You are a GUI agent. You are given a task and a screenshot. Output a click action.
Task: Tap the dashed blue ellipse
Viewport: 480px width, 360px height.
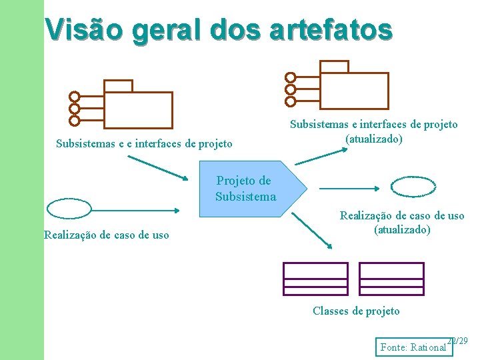pyautogui.click(x=413, y=187)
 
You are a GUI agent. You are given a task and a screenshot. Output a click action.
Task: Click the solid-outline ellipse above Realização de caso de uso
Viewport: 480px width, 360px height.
pyautogui.click(x=69, y=209)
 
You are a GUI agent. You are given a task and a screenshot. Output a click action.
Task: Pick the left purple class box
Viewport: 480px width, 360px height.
pyautogui.click(x=315, y=278)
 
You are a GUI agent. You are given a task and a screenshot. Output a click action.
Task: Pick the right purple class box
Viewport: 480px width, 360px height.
pyautogui.click(x=391, y=278)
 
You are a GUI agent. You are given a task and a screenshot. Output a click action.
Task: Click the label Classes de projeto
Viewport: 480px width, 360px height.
pyautogui.click(x=356, y=311)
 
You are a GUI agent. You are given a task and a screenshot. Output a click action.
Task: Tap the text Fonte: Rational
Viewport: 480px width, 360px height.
pyautogui.click(x=413, y=347)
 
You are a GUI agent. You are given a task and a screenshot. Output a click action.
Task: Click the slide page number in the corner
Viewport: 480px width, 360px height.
pyautogui.click(x=458, y=341)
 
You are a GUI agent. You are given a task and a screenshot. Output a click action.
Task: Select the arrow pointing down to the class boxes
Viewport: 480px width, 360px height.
pyautogui.click(x=312, y=231)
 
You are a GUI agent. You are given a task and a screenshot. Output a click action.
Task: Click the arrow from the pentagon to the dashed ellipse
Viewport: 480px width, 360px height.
pyautogui.click(x=347, y=188)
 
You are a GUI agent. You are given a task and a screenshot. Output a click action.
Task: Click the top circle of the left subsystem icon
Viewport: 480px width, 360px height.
pyautogui.click(x=75, y=97)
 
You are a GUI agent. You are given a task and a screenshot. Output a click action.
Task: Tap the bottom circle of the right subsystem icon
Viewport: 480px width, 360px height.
pyautogui.click(x=290, y=101)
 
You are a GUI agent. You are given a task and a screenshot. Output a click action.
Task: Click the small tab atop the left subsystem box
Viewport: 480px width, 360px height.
pyautogui.click(x=119, y=86)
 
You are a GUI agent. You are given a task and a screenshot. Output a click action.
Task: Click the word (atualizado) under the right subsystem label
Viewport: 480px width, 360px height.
pyautogui.click(x=373, y=139)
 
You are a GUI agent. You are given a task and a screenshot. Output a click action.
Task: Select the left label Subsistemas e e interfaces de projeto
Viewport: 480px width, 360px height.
pyautogui.click(x=144, y=143)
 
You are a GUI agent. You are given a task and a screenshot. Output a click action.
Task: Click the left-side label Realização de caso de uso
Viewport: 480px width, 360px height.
pyautogui.click(x=106, y=235)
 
